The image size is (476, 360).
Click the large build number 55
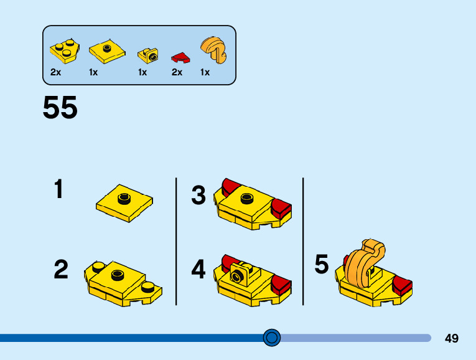click(60, 108)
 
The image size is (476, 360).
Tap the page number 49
click(452, 338)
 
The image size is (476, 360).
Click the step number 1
click(58, 189)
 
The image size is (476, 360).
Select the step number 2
click(60, 270)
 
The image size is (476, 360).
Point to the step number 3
click(198, 196)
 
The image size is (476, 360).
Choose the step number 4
click(198, 270)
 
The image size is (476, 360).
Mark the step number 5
click(321, 264)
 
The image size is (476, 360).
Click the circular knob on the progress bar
click(272, 338)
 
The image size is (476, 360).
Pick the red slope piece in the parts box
click(181, 58)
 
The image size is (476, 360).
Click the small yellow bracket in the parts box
click(148, 55)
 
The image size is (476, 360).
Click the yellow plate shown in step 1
click(124, 202)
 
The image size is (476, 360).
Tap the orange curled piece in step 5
click(363, 265)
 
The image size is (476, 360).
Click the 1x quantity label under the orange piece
click(205, 72)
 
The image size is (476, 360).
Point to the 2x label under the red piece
click(177, 72)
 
